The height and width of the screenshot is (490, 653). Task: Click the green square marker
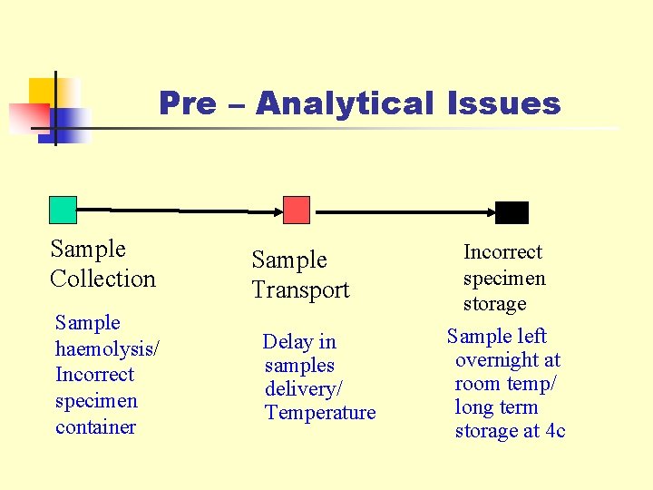point(63,210)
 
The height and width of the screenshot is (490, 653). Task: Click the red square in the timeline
point(297,210)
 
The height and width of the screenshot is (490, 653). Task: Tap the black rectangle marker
point(512,212)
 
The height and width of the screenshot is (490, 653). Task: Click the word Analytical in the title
point(345,103)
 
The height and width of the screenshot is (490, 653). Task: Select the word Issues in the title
point(503,103)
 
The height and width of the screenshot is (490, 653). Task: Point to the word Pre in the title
point(187,103)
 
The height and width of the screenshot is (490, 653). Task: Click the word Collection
point(103,279)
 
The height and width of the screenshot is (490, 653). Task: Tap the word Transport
point(300,290)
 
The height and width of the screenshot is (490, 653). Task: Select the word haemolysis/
point(108,348)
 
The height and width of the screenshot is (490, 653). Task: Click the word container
point(95,426)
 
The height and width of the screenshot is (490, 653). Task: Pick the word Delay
point(287,342)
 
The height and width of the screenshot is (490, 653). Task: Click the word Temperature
point(320,413)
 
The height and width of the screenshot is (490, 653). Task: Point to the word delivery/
point(304,389)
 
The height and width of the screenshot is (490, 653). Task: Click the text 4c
point(554,431)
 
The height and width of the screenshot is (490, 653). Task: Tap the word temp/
point(531,384)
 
